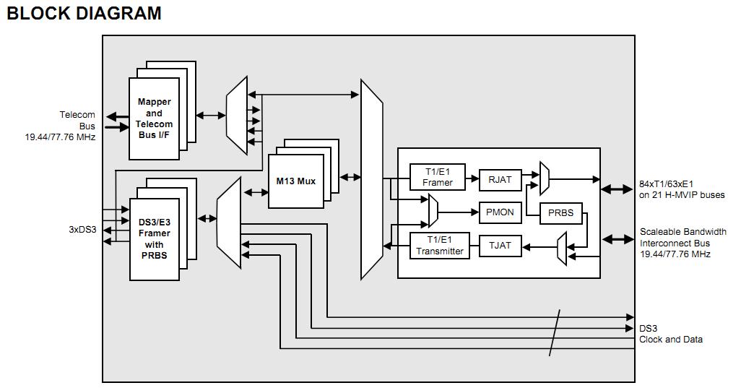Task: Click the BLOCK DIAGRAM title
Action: point(84,13)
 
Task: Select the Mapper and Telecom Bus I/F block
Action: point(154,118)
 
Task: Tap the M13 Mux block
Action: point(296,181)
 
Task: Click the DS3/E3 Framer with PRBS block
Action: point(155,239)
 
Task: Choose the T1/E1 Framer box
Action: point(438,177)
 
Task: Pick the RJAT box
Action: point(500,179)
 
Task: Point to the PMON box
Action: point(500,212)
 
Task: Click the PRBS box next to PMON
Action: point(560,212)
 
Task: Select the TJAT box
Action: point(500,246)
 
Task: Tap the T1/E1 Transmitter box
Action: point(438,246)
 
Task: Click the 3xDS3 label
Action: point(82,230)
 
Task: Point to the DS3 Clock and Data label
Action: point(670,334)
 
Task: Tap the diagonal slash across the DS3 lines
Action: point(555,332)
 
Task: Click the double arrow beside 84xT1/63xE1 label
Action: point(617,189)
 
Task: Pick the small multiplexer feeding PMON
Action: point(432,212)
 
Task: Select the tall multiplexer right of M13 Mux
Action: point(371,179)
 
